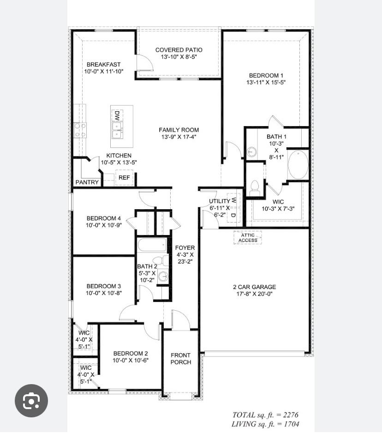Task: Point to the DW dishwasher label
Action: click(117, 115)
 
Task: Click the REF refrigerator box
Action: click(124, 178)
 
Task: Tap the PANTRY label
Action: click(87, 182)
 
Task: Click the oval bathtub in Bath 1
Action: click(298, 165)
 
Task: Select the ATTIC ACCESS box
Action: click(248, 238)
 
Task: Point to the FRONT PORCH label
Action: click(181, 359)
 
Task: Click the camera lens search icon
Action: click(31, 401)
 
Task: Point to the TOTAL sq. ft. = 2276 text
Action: click(265, 415)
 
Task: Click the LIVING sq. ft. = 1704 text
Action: click(265, 424)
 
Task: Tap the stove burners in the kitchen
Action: click(80, 130)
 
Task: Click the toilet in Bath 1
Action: click(254, 187)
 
